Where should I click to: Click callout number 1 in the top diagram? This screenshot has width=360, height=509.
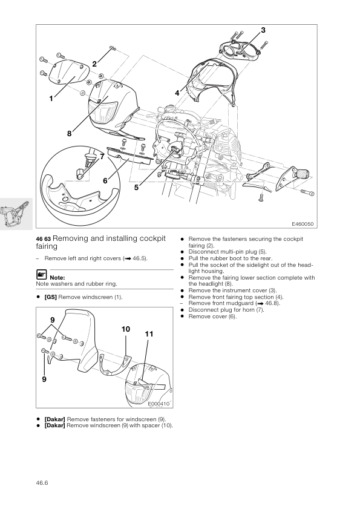(x=51, y=99)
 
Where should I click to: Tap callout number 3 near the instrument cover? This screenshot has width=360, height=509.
(x=263, y=30)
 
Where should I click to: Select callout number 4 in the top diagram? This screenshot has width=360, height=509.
(x=177, y=93)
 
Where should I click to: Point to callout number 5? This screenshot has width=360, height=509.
(x=136, y=187)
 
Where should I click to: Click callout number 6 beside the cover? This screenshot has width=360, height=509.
(x=105, y=180)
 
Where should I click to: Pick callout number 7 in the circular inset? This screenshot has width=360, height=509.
(x=102, y=157)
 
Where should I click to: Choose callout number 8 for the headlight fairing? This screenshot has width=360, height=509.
(x=69, y=133)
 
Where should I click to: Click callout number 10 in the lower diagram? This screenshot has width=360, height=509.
(x=126, y=329)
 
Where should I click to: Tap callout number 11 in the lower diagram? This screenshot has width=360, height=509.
(x=149, y=334)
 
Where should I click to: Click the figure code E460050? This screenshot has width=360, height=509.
(x=303, y=224)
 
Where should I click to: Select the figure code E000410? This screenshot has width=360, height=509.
(x=159, y=404)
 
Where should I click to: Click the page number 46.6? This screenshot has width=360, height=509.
(x=42, y=483)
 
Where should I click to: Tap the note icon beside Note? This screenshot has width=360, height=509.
(x=41, y=275)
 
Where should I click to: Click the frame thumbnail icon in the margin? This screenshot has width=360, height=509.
(x=16, y=214)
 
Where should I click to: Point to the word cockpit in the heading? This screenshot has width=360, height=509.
(x=152, y=238)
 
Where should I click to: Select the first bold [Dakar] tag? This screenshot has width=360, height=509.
(x=54, y=419)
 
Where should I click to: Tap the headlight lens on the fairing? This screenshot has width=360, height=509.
(x=103, y=113)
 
